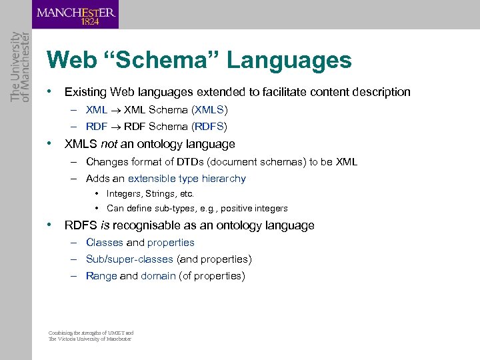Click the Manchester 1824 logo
point(75,15)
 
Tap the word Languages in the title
point(289,61)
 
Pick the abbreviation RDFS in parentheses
point(209,127)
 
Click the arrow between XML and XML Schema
point(115,110)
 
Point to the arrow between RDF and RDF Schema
point(115,127)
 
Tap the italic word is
point(105,225)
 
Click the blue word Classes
point(105,243)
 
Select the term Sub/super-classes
point(129,259)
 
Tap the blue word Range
point(101,276)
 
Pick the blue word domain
point(158,276)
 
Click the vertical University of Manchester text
point(16,67)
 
